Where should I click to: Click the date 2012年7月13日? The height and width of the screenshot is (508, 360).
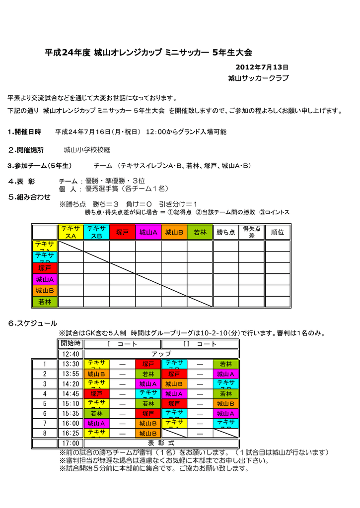262,67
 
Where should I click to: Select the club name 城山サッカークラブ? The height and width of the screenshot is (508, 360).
258,78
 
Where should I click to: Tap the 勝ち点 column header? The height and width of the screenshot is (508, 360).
225,232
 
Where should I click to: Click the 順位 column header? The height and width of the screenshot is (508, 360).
278,232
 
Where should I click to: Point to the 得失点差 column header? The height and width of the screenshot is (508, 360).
251,232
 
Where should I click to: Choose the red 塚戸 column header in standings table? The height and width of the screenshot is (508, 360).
122,232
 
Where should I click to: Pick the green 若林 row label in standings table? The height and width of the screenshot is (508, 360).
45,302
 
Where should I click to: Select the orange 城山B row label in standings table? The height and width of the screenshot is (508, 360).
45,290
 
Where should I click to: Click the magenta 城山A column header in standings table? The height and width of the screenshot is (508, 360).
148,232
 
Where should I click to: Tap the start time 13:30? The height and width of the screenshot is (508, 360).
71,364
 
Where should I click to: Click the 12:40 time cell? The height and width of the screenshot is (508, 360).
71,354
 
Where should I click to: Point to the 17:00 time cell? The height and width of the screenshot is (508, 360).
71,443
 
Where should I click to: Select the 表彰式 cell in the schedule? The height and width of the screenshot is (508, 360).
161,443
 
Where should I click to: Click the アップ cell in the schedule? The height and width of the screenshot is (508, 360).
161,354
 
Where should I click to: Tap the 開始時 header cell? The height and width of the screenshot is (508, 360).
71,344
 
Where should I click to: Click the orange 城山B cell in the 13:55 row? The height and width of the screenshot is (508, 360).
96,374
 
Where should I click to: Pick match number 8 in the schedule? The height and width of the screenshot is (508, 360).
45,433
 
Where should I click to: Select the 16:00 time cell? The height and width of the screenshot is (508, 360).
71,423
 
